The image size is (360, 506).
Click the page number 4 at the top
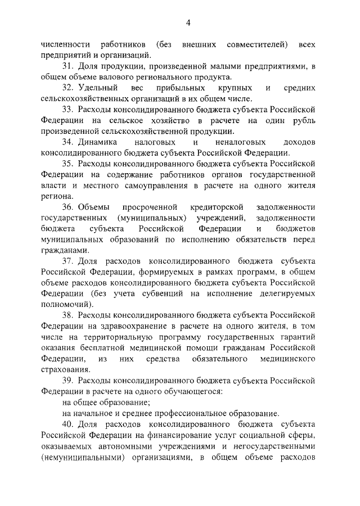[188, 22]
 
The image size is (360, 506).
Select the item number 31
[68, 66]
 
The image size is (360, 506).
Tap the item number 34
[68, 142]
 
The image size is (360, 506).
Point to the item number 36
[68, 207]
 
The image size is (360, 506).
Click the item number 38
[68, 315]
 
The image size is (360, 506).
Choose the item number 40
[68, 424]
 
